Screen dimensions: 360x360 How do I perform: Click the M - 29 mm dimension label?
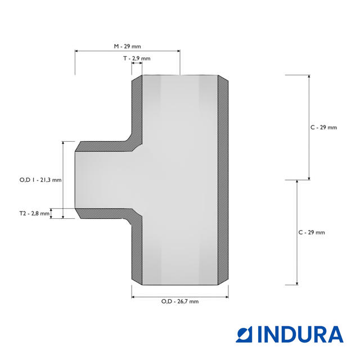coord(128,46)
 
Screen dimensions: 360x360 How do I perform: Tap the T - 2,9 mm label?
coord(137,58)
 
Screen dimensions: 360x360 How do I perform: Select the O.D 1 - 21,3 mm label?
coord(40,180)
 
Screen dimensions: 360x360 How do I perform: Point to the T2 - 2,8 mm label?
coord(34,214)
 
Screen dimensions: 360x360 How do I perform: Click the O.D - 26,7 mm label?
coord(180,301)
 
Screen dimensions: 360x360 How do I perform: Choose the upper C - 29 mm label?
coord(324,128)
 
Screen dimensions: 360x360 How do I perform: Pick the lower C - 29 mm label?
coord(312,232)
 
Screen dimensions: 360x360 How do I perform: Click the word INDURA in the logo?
coord(300,335)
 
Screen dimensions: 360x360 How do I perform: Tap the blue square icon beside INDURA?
coord(244,335)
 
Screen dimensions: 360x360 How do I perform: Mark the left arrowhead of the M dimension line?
coord(76,51)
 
